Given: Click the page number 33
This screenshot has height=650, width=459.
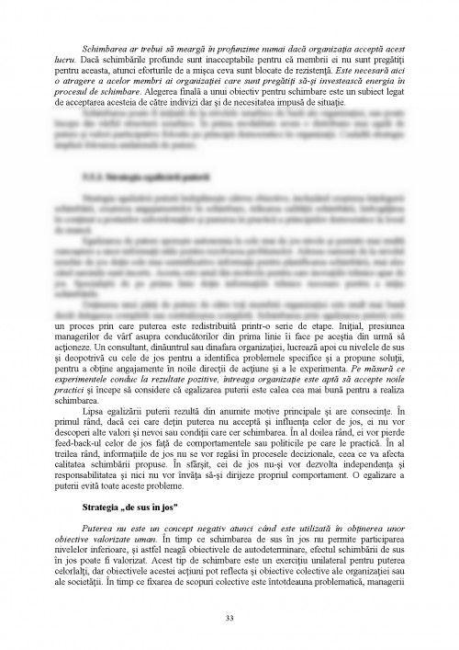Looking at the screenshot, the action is [229, 617].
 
